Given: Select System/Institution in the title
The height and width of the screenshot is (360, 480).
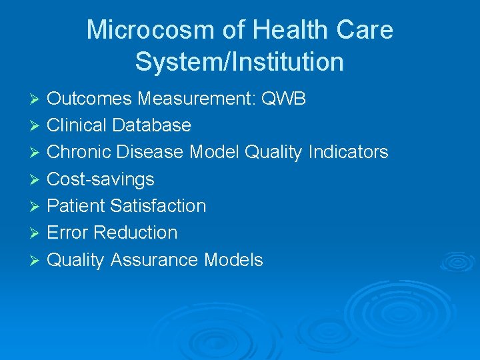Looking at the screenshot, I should click(239, 62).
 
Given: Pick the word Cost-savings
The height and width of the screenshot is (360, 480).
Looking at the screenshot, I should click(100, 179).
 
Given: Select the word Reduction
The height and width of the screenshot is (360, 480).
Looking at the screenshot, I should click(135, 233).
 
